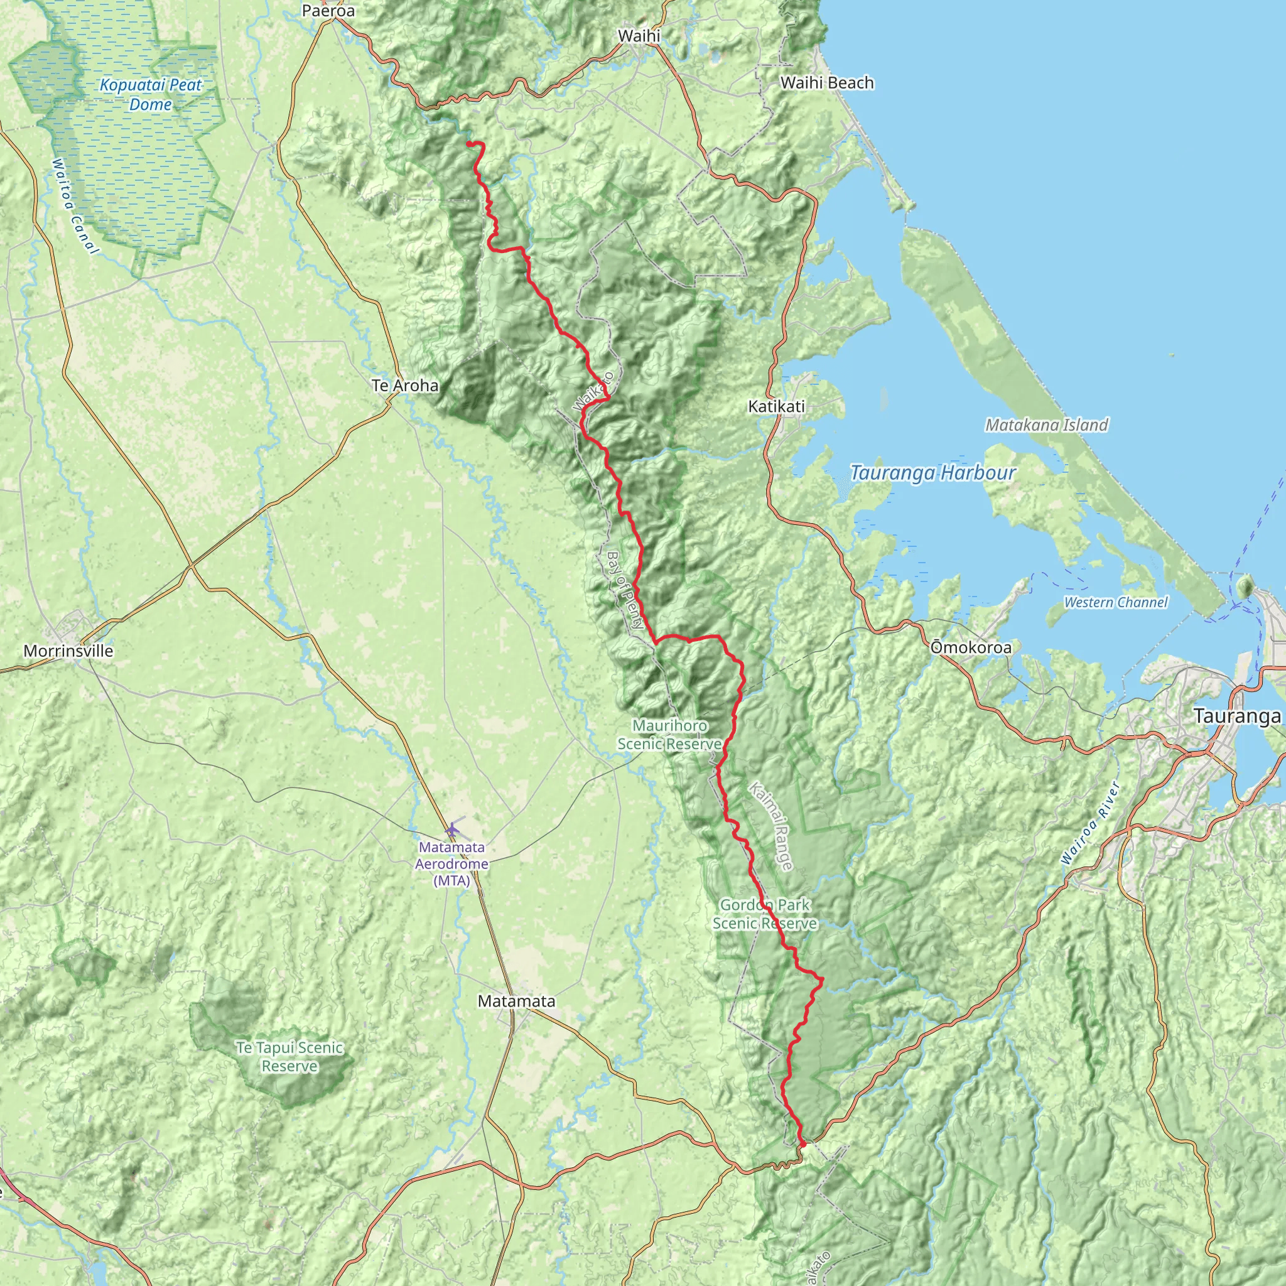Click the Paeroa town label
(x=328, y=11)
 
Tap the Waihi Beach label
(x=827, y=84)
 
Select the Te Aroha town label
(x=406, y=386)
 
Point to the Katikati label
(x=776, y=407)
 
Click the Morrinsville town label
(x=68, y=651)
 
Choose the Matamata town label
(x=517, y=1001)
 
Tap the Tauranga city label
(x=1237, y=716)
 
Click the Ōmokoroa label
(x=971, y=647)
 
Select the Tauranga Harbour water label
(x=932, y=473)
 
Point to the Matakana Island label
(x=1046, y=424)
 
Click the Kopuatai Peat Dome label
(x=151, y=95)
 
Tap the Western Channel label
(x=1116, y=602)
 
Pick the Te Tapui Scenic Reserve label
(x=289, y=1057)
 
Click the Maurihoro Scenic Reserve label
(x=669, y=735)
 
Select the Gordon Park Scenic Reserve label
(x=765, y=914)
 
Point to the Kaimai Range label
(x=772, y=826)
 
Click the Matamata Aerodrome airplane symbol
(x=453, y=829)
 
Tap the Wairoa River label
(x=1090, y=823)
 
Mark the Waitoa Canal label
(x=75, y=207)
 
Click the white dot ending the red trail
(x=803, y=1145)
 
